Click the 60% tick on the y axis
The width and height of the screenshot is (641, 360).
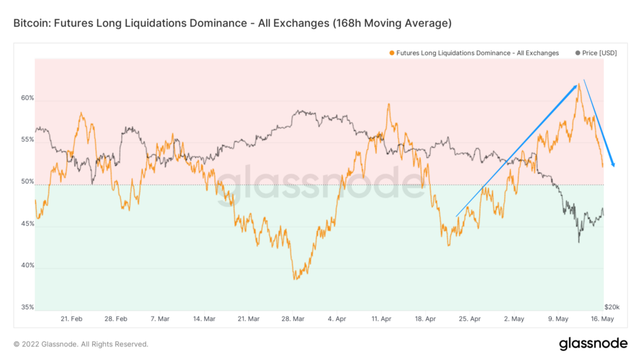coord(26,99)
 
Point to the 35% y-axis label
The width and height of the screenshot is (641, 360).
coord(26,308)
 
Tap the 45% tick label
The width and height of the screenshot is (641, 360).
coord(26,224)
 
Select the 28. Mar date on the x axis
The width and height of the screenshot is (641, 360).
coord(293,319)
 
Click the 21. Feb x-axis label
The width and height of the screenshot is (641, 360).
coord(71,319)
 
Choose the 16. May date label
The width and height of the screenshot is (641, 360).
coord(603,319)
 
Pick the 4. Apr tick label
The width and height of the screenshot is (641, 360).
coord(337,319)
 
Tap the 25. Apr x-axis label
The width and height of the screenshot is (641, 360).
coord(471,319)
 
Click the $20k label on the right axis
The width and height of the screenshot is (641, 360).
coord(612,307)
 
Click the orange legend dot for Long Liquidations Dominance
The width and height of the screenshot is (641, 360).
coord(391,53)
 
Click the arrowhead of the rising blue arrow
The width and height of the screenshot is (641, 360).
coord(576,86)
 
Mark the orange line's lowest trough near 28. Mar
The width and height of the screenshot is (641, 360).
coord(295,279)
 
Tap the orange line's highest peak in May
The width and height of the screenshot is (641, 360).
coord(578,84)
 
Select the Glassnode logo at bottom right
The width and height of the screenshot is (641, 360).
coord(593,344)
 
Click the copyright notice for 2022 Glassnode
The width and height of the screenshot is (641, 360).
coord(81,344)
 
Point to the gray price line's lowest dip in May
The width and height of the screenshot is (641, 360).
coord(579,242)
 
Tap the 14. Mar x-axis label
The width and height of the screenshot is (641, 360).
coord(205,319)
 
